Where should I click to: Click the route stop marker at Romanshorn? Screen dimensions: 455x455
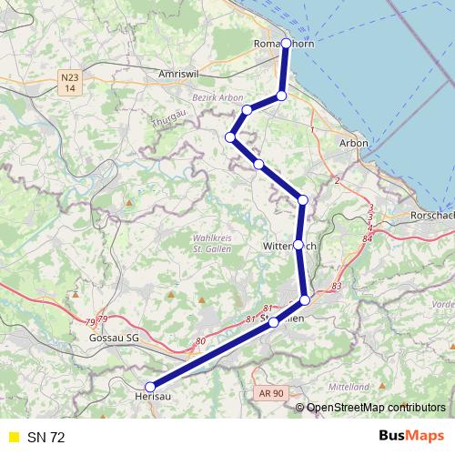(287, 43)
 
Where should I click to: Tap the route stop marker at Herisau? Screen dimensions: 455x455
(150, 387)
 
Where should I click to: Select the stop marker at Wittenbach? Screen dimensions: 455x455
(298, 245)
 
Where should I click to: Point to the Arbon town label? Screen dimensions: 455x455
(353, 143)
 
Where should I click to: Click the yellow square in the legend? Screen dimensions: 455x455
(13, 438)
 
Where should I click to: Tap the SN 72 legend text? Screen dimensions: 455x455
(45, 438)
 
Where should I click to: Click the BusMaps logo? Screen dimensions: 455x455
(411, 437)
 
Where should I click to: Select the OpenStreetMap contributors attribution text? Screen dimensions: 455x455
(375, 408)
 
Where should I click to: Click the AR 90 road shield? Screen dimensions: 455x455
(269, 392)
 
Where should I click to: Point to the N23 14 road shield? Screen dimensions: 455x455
(70, 83)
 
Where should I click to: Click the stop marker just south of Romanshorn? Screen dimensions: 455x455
(281, 96)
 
